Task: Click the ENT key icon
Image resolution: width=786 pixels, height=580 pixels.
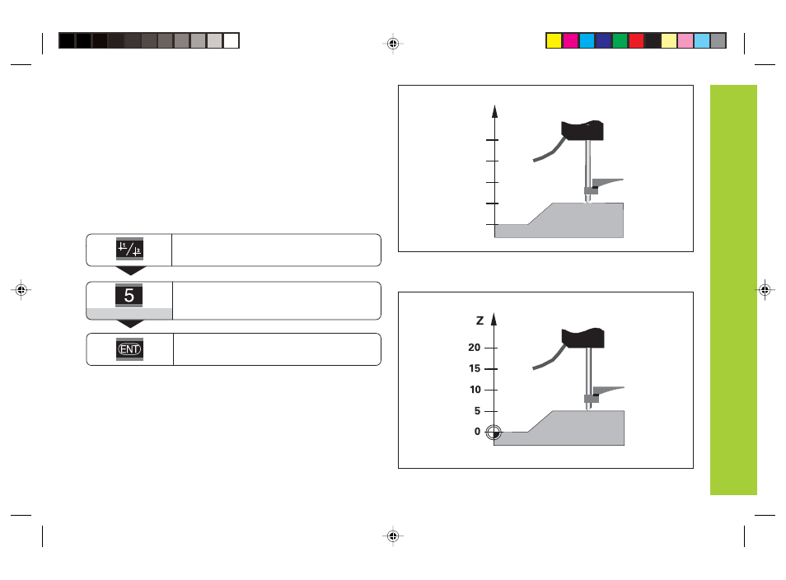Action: point(130,348)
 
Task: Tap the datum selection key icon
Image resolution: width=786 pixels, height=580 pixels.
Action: point(130,249)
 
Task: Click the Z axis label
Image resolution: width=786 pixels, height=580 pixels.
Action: point(480,320)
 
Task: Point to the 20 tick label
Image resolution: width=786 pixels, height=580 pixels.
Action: point(475,348)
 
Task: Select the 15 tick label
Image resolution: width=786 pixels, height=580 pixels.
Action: point(475,368)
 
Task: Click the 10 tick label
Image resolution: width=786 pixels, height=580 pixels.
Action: point(475,390)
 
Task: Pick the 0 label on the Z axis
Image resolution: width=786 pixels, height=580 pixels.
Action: point(477,432)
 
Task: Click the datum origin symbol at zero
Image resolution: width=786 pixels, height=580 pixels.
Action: point(494,433)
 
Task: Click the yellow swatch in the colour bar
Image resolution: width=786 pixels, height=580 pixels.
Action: point(554,40)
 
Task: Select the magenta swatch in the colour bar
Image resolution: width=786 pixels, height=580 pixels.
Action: point(570,40)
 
